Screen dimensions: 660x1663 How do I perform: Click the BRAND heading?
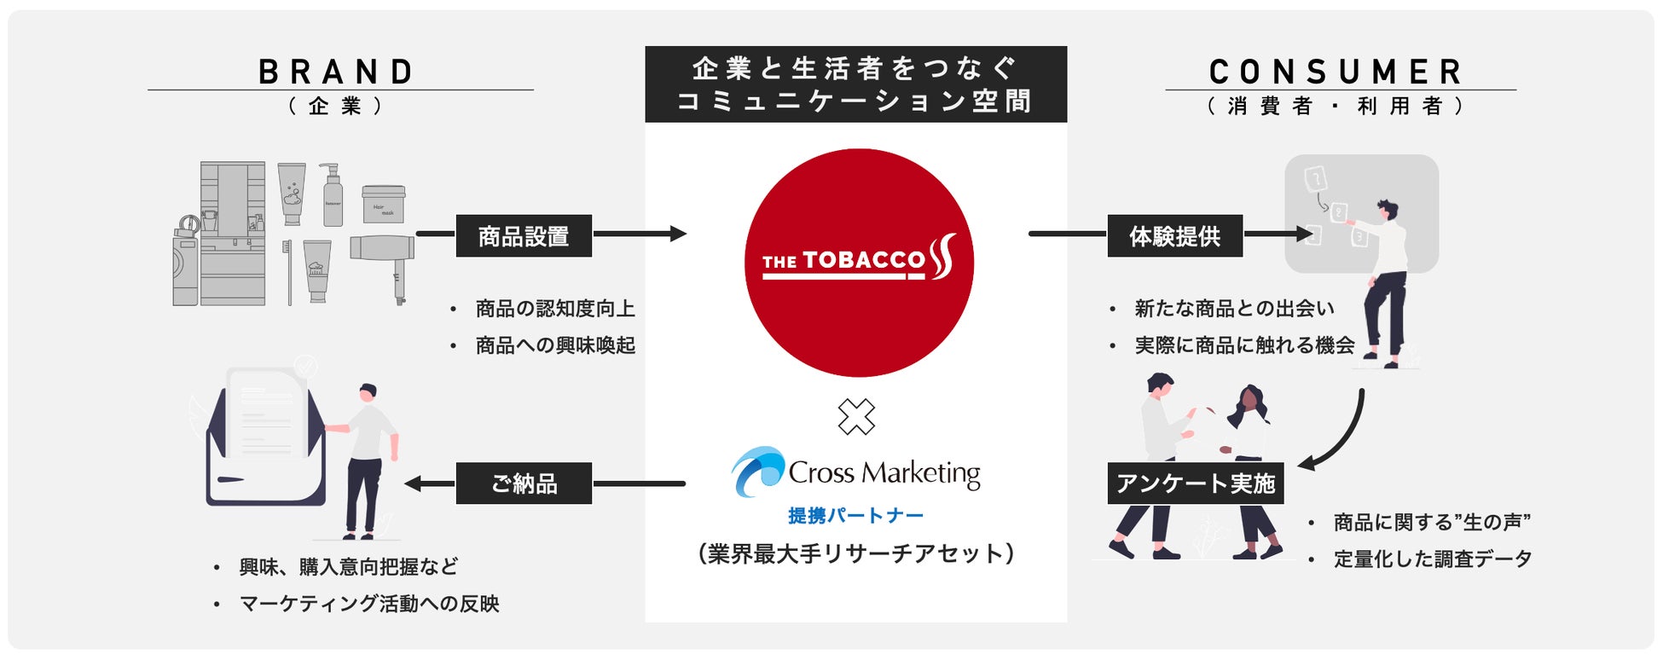(337, 72)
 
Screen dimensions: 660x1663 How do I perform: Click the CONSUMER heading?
(1336, 72)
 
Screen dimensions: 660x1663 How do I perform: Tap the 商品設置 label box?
(524, 236)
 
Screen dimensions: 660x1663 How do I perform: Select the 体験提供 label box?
(1174, 236)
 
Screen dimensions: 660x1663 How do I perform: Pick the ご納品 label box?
(524, 483)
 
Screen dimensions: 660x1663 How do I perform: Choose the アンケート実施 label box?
(1195, 483)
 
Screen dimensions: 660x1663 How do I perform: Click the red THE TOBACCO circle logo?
(858, 263)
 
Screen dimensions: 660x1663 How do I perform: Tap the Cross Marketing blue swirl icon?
(757, 471)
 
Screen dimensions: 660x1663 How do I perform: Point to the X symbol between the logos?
(856, 417)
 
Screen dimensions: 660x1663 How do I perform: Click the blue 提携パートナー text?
(855, 516)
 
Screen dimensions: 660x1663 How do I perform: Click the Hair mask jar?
(383, 205)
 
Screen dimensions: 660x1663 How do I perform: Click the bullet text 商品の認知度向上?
(554, 309)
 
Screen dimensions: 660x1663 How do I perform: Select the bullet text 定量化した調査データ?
(1432, 559)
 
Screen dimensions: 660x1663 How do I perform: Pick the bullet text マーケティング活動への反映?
(368, 604)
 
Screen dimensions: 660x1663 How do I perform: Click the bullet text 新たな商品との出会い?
(1233, 309)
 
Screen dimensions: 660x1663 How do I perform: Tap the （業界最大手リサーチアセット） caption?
(855, 554)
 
